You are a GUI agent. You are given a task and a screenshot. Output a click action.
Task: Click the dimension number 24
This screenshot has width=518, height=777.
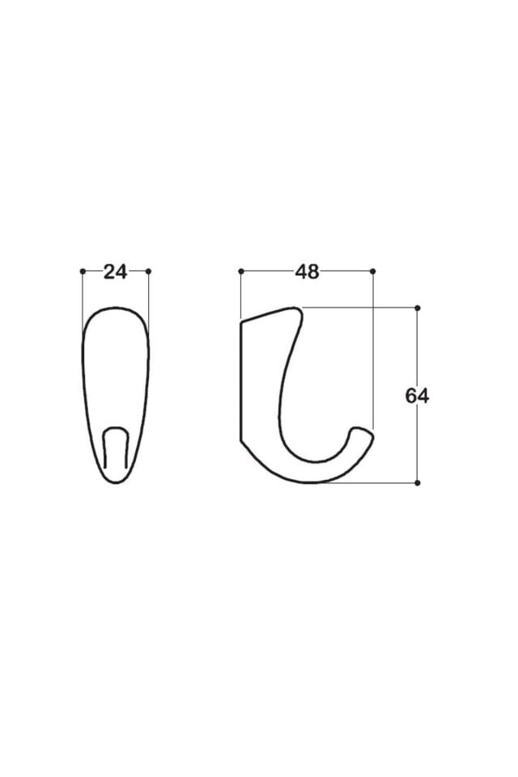coord(116,272)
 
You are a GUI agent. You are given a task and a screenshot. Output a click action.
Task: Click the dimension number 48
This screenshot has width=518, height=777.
coord(307,272)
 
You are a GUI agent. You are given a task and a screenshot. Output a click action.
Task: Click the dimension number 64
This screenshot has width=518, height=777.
coord(417,396)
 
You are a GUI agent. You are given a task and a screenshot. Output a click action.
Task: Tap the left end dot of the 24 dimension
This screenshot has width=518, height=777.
coord(83,271)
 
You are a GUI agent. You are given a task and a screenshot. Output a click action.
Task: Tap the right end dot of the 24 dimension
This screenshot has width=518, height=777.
coord(149,271)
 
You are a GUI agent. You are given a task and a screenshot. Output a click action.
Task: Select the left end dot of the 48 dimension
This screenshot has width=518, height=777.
coord(241,271)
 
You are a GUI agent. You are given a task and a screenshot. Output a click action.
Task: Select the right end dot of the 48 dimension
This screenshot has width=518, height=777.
coord(372,271)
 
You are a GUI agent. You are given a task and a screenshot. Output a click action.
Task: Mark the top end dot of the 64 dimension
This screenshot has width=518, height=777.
coord(417,308)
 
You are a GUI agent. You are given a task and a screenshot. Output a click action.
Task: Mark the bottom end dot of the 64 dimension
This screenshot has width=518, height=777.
coord(417,482)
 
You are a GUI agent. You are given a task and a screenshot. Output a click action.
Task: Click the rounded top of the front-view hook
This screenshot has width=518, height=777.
coord(116,310)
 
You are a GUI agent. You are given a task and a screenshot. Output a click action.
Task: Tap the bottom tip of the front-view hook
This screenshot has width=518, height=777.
coord(116,481)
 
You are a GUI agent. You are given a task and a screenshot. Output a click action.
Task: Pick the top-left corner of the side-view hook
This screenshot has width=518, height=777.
coord(242,324)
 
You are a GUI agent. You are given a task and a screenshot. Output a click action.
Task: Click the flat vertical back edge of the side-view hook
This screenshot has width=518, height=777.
coord(241,380)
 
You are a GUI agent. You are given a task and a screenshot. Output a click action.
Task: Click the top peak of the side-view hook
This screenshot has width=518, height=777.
coord(295,309)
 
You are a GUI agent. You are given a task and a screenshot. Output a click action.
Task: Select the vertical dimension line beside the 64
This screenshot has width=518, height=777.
coord(417,356)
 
